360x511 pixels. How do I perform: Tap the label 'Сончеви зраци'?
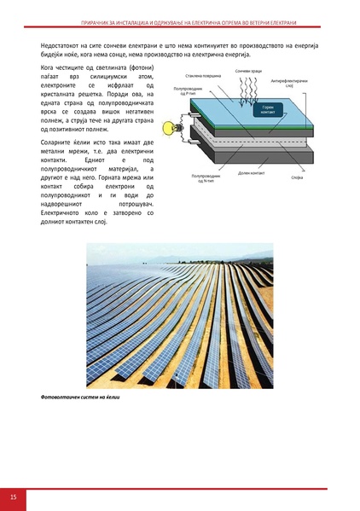[x=249, y=70]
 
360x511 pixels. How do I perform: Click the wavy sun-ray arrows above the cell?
[x=247, y=90]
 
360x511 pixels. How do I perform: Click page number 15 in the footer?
[x=14, y=497]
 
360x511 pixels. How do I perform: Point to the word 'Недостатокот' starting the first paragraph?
[x=62, y=44]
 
